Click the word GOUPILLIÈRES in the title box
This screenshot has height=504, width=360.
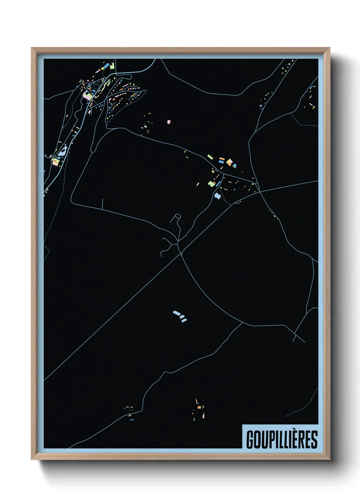point(282,439)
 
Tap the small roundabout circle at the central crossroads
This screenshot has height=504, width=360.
point(181,253)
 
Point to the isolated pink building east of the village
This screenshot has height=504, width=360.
point(169,122)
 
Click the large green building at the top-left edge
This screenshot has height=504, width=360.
point(112,66)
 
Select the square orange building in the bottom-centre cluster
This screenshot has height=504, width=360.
point(199,407)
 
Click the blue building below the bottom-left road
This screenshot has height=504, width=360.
point(132,420)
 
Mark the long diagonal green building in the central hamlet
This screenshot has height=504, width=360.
point(210,157)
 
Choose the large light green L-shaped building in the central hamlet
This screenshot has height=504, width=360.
point(211,184)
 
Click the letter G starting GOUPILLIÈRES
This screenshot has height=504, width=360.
point(250,440)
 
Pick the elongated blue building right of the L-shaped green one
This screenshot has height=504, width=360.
point(218,184)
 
